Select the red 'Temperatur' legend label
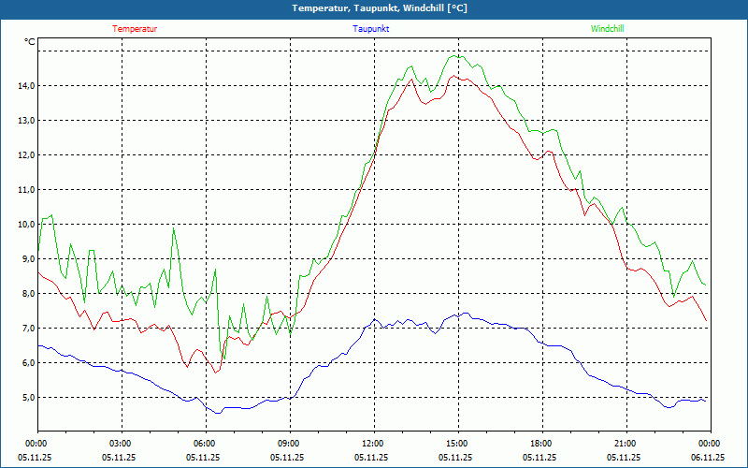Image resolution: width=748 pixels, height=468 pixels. (x=135, y=29)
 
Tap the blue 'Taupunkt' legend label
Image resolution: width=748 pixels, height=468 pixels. (x=371, y=29)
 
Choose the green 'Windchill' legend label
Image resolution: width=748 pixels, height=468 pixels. (x=607, y=29)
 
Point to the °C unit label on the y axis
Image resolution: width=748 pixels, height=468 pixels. (x=30, y=42)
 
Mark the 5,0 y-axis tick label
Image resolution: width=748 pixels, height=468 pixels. (x=25, y=398)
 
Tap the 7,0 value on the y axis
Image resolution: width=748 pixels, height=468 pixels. (x=25, y=329)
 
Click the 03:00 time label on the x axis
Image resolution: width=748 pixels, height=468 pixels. (x=121, y=443)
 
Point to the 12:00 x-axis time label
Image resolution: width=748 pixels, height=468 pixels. (x=372, y=443)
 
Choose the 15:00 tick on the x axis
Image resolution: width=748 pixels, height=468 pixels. (x=456, y=443)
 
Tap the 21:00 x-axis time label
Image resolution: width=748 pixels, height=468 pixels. (x=625, y=443)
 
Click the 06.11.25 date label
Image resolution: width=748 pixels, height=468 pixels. (x=708, y=458)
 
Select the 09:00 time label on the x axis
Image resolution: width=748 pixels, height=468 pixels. (x=288, y=443)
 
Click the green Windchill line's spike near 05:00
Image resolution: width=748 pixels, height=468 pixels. (x=173, y=229)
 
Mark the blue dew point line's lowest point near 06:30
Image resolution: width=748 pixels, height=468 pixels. (x=219, y=413)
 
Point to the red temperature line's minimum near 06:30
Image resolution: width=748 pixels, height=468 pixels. (x=216, y=373)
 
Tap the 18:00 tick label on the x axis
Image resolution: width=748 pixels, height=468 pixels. (x=540, y=443)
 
